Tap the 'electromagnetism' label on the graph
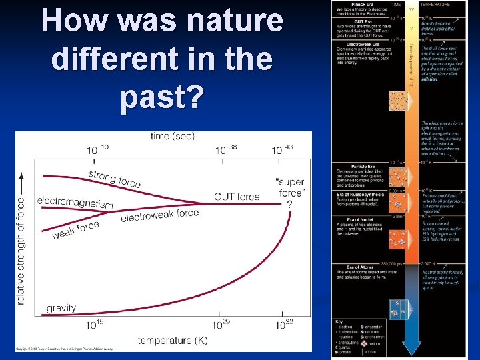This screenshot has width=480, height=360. point(75,203)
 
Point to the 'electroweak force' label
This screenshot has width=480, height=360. point(160,215)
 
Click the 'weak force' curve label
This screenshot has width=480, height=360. point(75,231)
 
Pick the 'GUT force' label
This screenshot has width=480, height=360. point(237,197)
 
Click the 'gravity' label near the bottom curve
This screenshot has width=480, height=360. point(61,308)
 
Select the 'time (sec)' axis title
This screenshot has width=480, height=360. point(173,136)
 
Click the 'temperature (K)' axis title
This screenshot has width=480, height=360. point(173,341)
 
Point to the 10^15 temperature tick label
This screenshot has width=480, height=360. point(95,325)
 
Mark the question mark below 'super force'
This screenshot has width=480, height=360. point(289,204)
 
